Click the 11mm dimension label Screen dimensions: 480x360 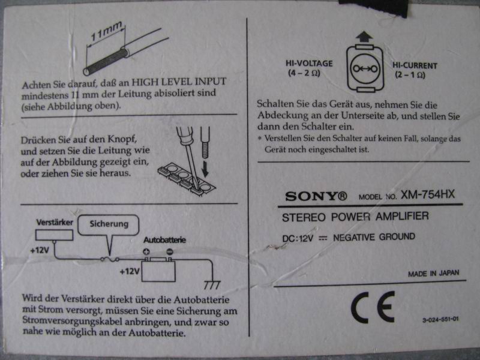[106, 31]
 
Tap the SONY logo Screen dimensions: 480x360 [316, 196]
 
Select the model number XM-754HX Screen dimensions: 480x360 [428, 194]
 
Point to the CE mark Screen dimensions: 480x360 [373, 307]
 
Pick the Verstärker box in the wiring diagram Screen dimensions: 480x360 [54, 235]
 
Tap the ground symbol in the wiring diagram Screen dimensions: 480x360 [212, 285]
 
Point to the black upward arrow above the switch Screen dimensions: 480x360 [364, 37]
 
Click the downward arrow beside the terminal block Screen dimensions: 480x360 [205, 169]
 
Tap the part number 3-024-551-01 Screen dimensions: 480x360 [440, 320]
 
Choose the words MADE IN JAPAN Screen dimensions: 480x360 [433, 274]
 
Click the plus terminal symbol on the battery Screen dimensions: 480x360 [146, 252]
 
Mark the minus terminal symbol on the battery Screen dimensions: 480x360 [170, 251]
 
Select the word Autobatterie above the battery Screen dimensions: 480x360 [164, 239]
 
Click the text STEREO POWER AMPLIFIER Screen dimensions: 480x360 [355, 217]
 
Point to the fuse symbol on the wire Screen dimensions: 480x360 [110, 260]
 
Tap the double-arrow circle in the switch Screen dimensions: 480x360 [365, 68]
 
